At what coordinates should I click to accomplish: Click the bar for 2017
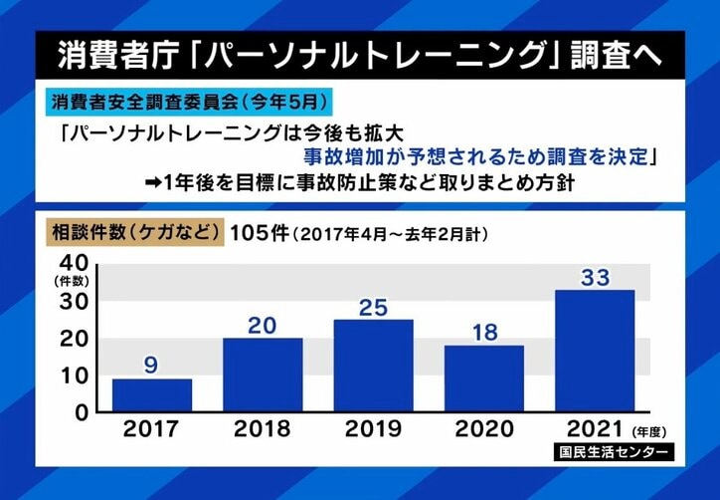click(151, 395)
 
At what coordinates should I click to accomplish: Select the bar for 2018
click(263, 375)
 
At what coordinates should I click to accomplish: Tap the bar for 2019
click(373, 366)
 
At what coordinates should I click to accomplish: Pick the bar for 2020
click(483, 378)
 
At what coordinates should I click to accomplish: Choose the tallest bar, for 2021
click(595, 351)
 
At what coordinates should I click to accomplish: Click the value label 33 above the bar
click(595, 278)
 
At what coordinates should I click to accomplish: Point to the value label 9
click(151, 366)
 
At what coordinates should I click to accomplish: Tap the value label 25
click(373, 308)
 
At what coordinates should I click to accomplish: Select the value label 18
click(483, 333)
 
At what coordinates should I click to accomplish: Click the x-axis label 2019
click(373, 430)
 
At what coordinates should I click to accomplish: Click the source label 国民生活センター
click(614, 453)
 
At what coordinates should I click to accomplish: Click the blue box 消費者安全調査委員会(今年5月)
click(188, 101)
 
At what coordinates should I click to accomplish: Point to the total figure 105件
click(259, 233)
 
